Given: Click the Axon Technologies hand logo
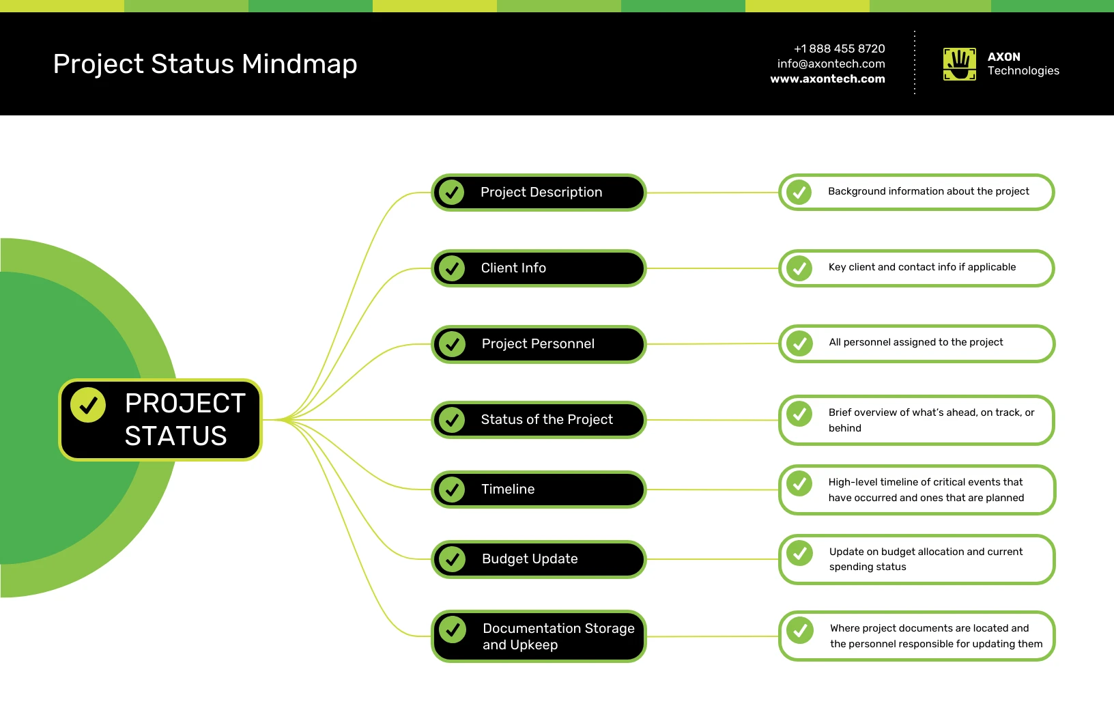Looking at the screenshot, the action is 959,64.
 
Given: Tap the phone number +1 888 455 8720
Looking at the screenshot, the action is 839,48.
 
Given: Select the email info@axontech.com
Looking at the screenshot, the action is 831,63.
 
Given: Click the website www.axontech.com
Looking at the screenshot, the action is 827,79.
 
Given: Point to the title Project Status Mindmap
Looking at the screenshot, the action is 205,64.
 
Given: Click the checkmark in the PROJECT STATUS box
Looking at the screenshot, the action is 88,405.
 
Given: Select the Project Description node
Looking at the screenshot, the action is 539,193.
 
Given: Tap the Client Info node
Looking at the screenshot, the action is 539,268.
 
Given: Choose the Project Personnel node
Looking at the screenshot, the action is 539,344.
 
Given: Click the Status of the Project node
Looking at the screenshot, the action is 539,419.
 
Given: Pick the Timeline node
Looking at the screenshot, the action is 539,489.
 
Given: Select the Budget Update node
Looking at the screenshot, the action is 539,559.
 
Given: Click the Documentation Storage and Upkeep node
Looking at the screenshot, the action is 539,636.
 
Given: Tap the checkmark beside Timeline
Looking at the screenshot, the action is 452,490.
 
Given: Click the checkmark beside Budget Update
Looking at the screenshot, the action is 452,559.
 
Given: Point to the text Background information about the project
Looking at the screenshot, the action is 928,191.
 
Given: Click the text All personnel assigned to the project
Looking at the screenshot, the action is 915,342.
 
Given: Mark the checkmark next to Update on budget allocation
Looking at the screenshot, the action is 800,553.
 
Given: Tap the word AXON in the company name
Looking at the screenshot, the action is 1003,57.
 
